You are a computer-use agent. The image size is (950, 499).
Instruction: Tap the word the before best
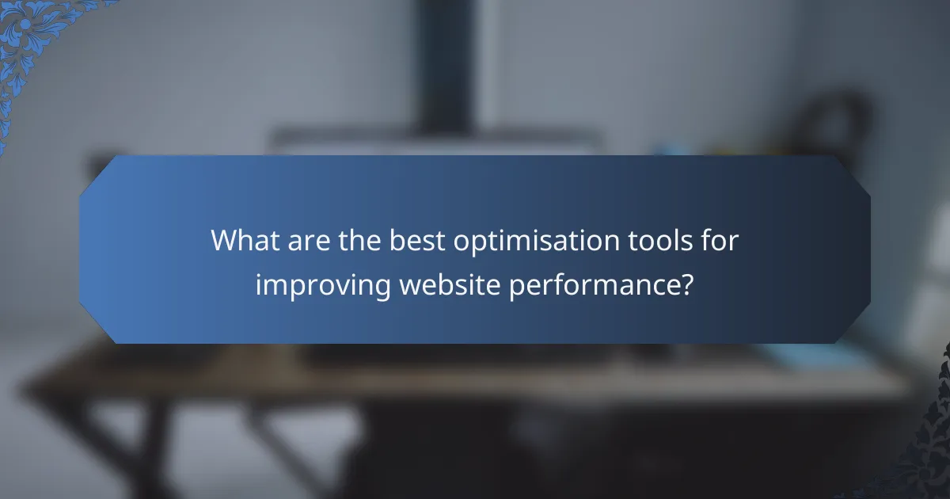point(360,241)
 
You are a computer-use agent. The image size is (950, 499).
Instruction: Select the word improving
point(322,285)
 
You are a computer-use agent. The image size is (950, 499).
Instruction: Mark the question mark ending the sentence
point(686,284)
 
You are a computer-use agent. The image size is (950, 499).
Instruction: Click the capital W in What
point(226,241)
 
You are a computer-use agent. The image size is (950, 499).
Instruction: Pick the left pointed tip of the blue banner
point(82,249)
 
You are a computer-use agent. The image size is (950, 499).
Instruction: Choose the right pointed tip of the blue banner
point(868,249)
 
